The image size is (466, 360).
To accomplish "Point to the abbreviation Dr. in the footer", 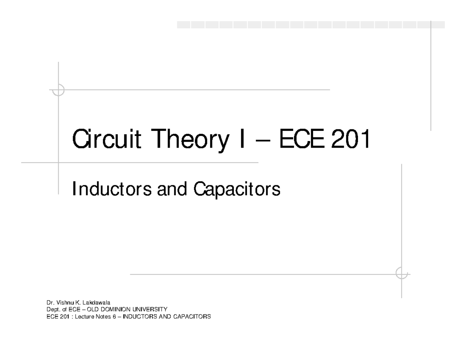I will [x=50, y=302].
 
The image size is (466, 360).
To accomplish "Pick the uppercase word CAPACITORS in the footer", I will [x=192, y=317].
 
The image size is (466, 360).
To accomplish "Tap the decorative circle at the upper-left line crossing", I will [x=59, y=90].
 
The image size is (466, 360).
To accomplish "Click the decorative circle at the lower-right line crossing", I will [x=402, y=273].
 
